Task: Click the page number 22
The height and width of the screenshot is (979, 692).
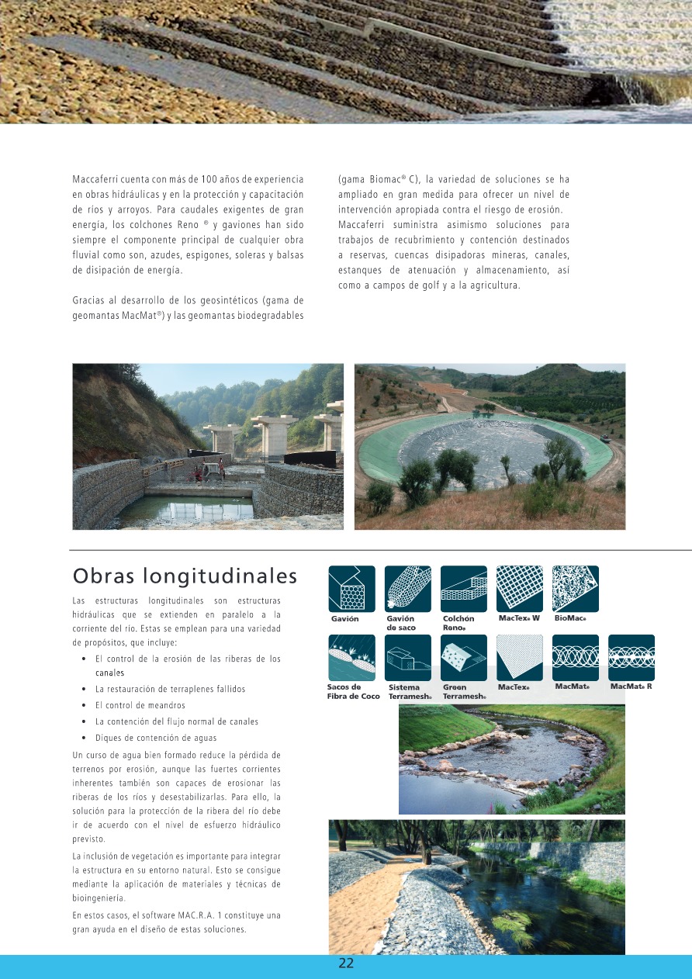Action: pyautogui.click(x=346, y=963)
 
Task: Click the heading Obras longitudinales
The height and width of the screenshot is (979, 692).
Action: pyautogui.click(x=185, y=576)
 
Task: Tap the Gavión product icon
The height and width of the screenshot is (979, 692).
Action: pyautogui.click(x=351, y=589)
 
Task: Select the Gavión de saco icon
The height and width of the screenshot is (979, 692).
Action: pyautogui.click(x=407, y=589)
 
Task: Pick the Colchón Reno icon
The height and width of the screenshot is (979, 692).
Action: pyautogui.click(x=463, y=589)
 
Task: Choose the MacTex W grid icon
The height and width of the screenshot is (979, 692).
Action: pyautogui.click(x=519, y=589)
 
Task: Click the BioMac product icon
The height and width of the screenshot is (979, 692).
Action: pyautogui.click(x=575, y=589)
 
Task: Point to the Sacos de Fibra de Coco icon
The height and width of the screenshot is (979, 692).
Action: pyautogui.click(x=351, y=658)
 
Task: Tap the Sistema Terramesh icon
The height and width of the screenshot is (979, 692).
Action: pyautogui.click(x=407, y=658)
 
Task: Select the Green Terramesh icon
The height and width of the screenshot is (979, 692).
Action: pyautogui.click(x=463, y=658)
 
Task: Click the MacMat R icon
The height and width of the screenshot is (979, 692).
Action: pyautogui.click(x=631, y=658)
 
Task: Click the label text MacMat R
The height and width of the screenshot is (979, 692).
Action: pyautogui.click(x=631, y=687)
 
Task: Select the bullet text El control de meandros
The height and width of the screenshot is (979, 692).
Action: pyautogui.click(x=140, y=705)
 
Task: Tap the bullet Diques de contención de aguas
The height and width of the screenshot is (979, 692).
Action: pyautogui.click(x=156, y=738)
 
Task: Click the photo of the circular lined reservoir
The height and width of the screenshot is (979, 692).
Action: pyautogui.click(x=490, y=447)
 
